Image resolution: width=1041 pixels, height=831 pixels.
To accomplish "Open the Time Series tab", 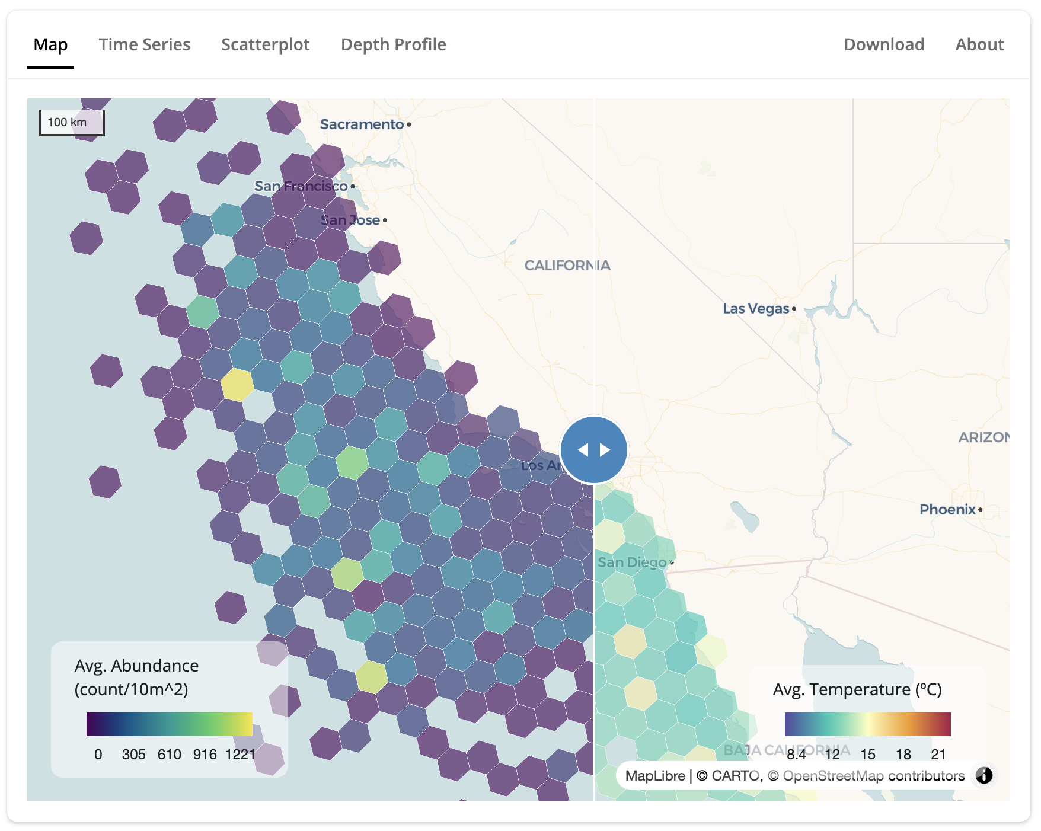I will pyautogui.click(x=144, y=44).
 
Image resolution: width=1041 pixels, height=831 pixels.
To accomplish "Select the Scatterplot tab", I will pyautogui.click(x=265, y=44).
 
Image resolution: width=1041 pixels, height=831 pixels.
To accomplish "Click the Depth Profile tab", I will pyautogui.click(x=393, y=44).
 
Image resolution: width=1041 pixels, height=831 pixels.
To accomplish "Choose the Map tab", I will pyautogui.click(x=50, y=44).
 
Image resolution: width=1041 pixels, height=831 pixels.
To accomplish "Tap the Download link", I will pyautogui.click(x=883, y=44).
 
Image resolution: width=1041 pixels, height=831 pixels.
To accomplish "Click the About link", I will pyautogui.click(x=979, y=44).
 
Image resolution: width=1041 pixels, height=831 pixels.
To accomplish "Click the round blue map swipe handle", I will pyautogui.click(x=593, y=450).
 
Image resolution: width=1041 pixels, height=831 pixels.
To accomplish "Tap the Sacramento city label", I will pyautogui.click(x=362, y=124).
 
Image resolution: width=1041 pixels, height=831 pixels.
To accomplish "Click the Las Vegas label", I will pyautogui.click(x=756, y=309).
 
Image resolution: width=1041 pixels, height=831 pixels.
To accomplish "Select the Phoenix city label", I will pyautogui.click(x=947, y=510).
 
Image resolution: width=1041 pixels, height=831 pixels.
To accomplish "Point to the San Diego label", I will pyautogui.click(x=632, y=562).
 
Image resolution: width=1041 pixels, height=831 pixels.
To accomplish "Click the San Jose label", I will pyautogui.click(x=350, y=220).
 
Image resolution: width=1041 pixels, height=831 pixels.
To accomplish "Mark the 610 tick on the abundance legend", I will pyautogui.click(x=169, y=755).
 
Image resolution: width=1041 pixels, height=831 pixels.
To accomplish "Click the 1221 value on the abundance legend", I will pyautogui.click(x=240, y=755).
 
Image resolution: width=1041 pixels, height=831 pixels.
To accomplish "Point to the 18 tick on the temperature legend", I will pyautogui.click(x=903, y=755).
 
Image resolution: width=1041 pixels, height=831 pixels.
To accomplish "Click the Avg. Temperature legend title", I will pyautogui.click(x=857, y=690).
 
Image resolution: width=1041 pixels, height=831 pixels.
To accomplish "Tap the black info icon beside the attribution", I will pyautogui.click(x=983, y=775).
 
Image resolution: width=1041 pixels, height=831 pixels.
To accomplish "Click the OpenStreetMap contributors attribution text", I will pyautogui.click(x=873, y=776).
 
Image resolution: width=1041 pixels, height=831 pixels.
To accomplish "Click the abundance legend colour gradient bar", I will pyautogui.click(x=169, y=724).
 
